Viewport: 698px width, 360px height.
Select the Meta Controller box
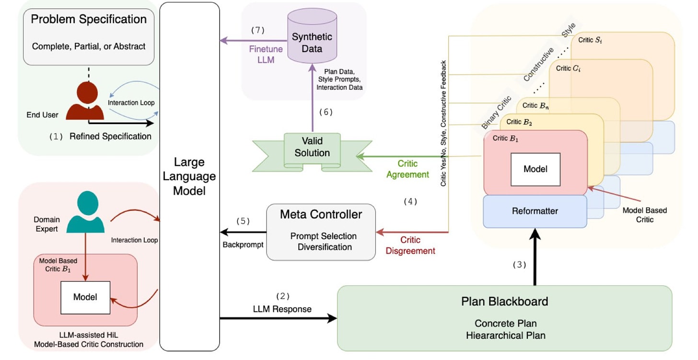coord(321,232)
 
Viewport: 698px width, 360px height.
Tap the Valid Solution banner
coord(312,147)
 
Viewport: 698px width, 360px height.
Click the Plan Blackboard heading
coord(504,302)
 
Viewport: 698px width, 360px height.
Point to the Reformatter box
coord(535,211)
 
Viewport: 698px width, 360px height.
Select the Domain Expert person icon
coord(85,212)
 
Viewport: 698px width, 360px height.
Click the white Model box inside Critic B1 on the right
coord(535,169)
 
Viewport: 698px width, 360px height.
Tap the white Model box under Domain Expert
coord(85,297)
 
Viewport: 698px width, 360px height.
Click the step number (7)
coord(258,30)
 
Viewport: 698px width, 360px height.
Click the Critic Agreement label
coord(407,169)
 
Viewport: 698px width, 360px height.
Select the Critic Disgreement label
coord(411,245)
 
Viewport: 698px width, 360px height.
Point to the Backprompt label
coord(243,244)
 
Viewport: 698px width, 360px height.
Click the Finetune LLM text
coord(266,55)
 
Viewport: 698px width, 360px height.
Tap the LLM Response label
coord(282,309)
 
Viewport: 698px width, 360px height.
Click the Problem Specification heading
coord(89,19)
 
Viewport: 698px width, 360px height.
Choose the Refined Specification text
coord(110,137)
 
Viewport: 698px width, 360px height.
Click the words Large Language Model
coord(189,176)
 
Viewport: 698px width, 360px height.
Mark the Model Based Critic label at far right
coord(644,215)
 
